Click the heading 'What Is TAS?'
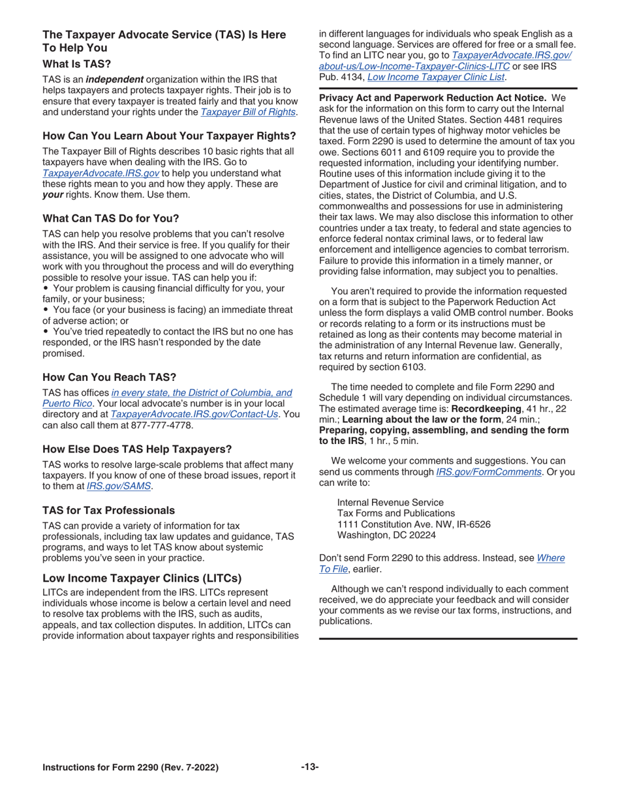[x=76, y=65]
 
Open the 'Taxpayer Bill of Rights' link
[x=248, y=113]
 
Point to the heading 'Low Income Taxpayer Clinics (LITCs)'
[x=142, y=578]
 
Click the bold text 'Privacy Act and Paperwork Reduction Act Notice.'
[x=432, y=98]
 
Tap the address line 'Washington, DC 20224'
[x=386, y=535]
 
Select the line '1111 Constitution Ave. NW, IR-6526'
[x=414, y=524]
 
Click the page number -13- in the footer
[x=310, y=767]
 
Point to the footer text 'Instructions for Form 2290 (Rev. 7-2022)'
[x=131, y=767]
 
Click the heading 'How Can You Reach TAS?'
[x=109, y=377]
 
